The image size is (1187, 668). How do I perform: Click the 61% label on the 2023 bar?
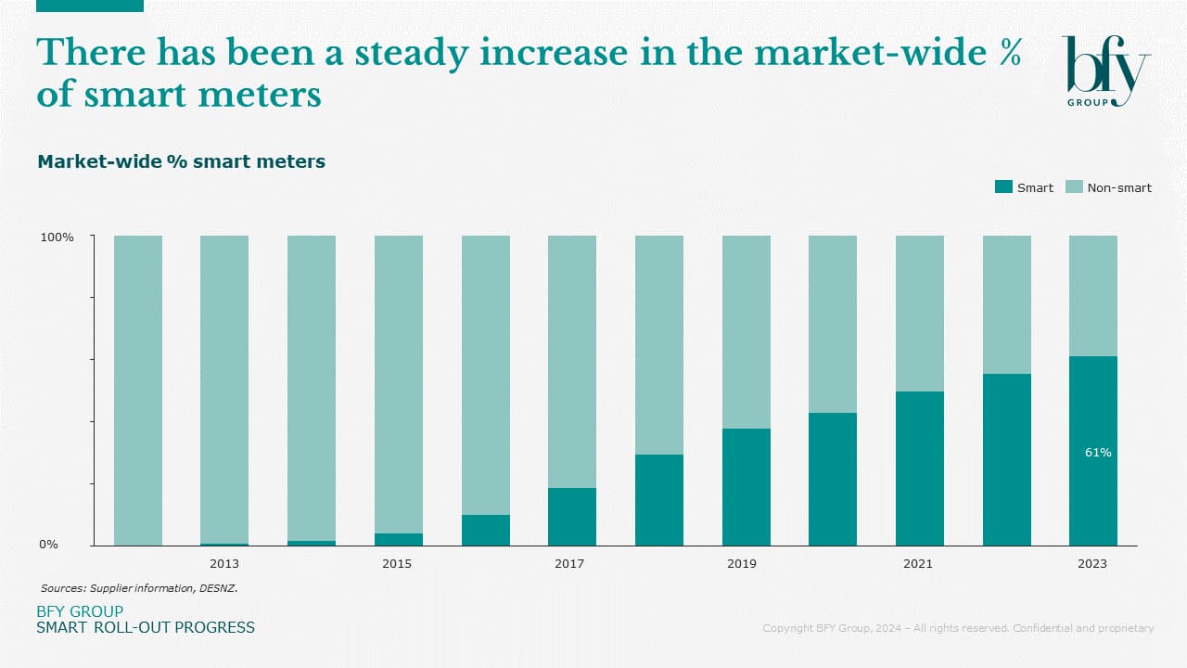[1098, 453]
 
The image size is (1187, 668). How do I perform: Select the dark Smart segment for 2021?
[919, 469]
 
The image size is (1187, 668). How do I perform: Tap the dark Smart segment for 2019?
[746, 487]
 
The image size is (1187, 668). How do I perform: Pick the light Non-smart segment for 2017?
[572, 362]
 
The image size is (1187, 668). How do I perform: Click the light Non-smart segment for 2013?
[224, 390]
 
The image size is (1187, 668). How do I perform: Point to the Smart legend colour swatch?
[1003, 187]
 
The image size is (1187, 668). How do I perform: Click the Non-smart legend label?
[1119, 187]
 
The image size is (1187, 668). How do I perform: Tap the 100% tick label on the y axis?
[57, 238]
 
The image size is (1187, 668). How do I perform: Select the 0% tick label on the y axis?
[48, 545]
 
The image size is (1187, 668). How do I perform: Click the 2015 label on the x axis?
[397, 563]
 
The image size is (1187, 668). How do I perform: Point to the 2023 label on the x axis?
[1092, 563]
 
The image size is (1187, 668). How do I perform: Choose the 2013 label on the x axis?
[224, 563]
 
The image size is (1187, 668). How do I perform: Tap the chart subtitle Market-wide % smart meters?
[181, 162]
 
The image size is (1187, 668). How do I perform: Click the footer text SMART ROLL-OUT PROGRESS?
[146, 628]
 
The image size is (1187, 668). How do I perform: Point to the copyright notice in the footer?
[958, 628]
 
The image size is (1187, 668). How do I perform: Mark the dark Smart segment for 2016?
[485, 530]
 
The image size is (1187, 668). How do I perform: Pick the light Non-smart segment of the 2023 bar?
[1092, 296]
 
